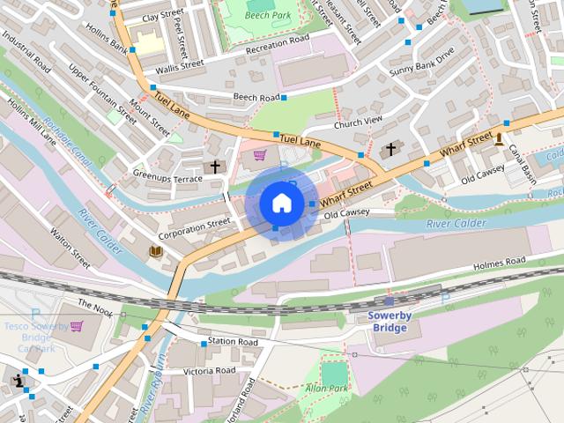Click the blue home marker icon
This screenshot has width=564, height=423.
[x=281, y=203]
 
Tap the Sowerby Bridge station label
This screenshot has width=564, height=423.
[x=388, y=322]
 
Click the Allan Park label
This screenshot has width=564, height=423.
[x=326, y=388]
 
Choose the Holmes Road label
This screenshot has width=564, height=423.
[x=499, y=261]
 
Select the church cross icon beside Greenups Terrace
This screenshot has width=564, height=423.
[x=212, y=166]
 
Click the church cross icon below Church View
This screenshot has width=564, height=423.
[x=390, y=151]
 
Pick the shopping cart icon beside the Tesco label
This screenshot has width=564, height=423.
[x=77, y=326]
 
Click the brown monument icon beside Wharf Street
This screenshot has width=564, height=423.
[x=500, y=137]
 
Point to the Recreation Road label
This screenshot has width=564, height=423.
[x=278, y=40]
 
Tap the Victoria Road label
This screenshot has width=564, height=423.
[x=209, y=371]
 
